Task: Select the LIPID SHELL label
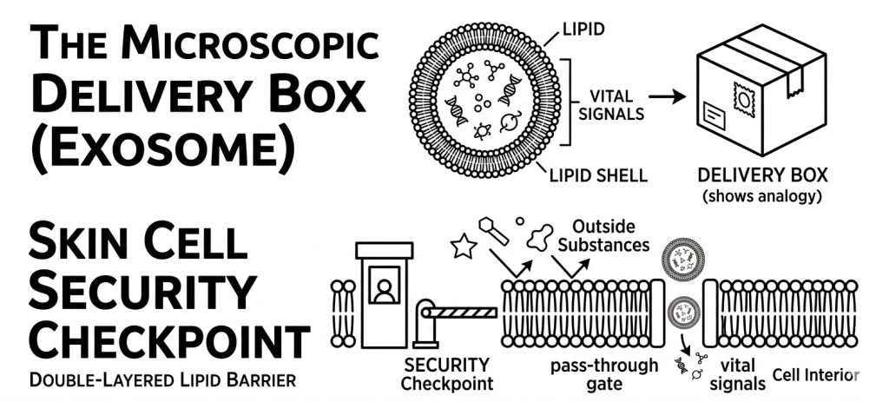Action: pos(598,175)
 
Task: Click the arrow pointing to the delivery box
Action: pos(667,96)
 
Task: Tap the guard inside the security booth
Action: pos(383,289)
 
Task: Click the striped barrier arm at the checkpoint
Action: pos(464,308)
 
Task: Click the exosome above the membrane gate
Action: pos(680,257)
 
